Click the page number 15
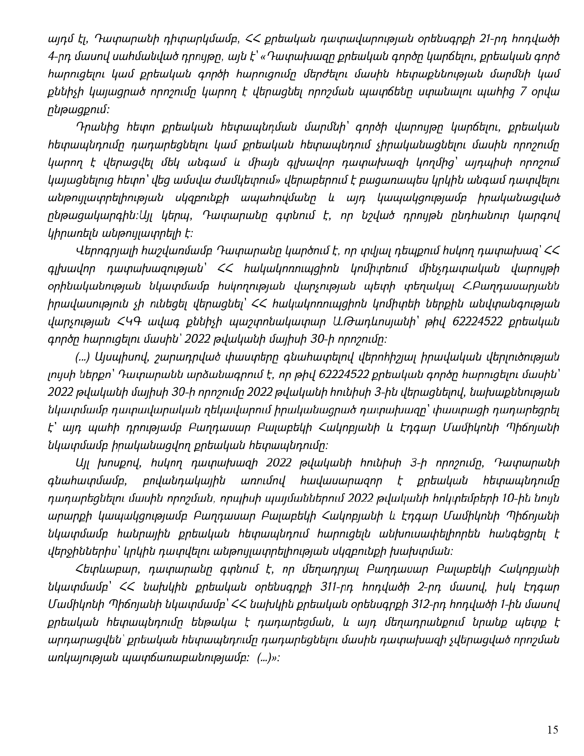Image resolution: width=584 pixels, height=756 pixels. pos(553,730)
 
